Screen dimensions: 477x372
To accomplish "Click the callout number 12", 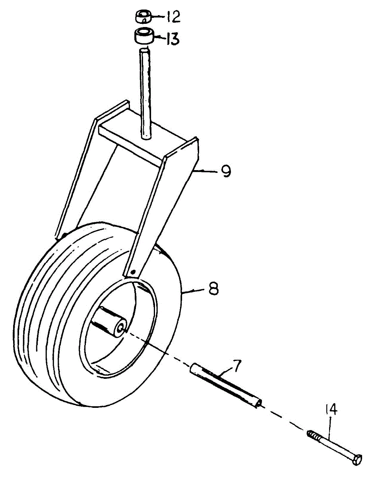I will pos(173,17).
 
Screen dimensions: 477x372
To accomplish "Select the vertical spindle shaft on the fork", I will pos(146,95).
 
